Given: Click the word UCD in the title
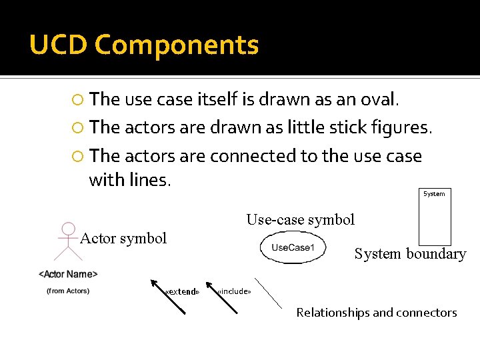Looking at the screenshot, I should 59,45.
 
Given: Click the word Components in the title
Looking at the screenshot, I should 177,45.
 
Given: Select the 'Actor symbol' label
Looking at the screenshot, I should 123,239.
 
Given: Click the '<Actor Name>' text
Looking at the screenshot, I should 68,274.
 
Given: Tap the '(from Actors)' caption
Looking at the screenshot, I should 68,291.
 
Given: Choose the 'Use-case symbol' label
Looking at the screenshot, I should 301,219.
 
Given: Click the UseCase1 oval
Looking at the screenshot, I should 292,248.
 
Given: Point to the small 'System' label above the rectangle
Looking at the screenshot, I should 434,194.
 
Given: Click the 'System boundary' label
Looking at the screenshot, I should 410,254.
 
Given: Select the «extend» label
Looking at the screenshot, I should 182,291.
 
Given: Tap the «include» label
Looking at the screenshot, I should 234,291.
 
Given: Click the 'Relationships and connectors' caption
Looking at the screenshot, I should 377,313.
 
